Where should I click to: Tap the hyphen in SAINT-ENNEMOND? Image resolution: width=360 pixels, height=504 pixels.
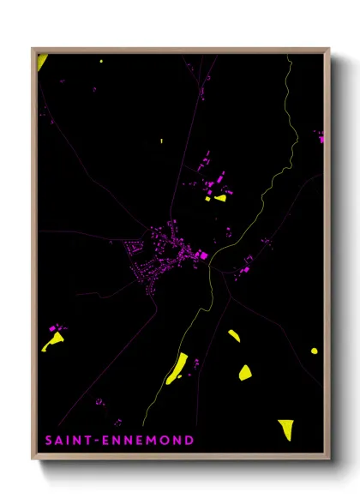coord(98,441)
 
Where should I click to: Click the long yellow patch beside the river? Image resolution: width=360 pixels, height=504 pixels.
coord(177,369)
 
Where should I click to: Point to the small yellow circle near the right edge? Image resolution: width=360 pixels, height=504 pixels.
coord(314,351)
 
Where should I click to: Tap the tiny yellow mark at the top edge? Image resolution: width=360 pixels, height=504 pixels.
coord(101,61)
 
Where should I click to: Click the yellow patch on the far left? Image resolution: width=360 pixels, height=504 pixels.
coord(53,341)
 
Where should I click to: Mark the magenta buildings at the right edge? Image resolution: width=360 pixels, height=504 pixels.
coord(320,136)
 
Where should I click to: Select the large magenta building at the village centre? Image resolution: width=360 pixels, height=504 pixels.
coord(202,255)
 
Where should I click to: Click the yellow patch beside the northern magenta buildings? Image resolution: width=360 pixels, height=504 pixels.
coord(220,198)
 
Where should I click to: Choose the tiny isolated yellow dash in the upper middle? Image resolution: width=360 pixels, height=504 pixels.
coord(160,140)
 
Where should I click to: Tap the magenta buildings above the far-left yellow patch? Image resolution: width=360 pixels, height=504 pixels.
coord(57,327)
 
